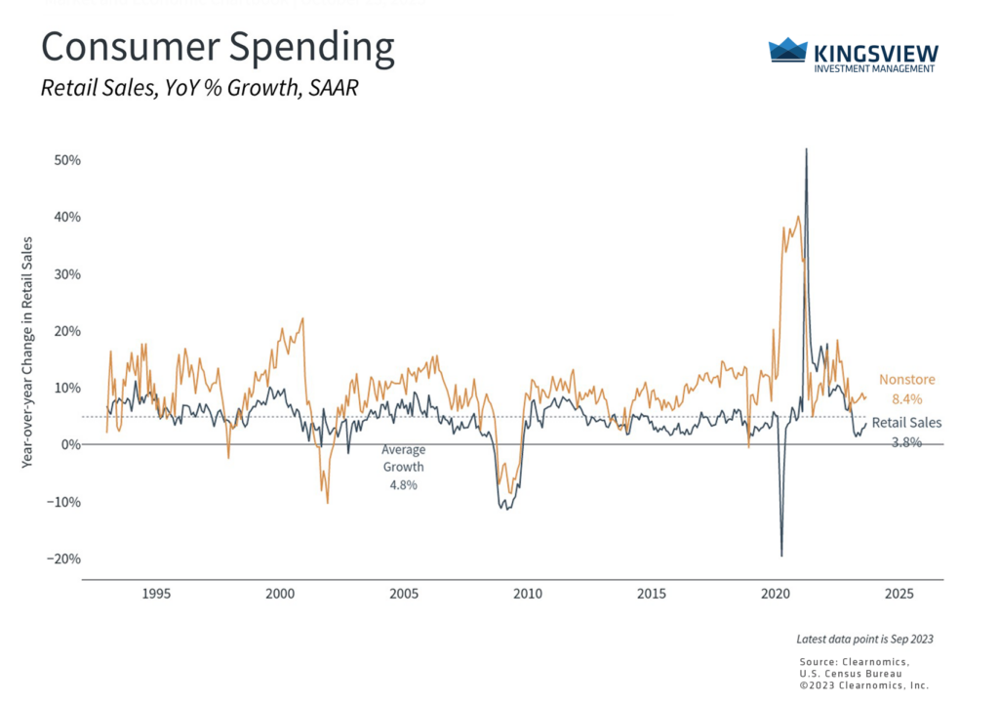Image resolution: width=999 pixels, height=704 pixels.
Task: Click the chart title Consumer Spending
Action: [x=218, y=47]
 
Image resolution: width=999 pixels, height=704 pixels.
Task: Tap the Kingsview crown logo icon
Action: [x=788, y=50]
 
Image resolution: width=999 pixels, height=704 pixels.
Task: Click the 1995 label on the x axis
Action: [x=156, y=594]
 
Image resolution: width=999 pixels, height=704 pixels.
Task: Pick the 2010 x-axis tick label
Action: [x=528, y=594]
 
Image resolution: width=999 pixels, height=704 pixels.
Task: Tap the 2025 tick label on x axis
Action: [x=899, y=594]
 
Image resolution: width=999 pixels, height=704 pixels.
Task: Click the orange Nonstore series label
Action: [x=907, y=379]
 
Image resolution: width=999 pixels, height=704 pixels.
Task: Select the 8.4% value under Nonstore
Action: [x=907, y=398]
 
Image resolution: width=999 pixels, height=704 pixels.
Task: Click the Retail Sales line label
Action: [x=907, y=423]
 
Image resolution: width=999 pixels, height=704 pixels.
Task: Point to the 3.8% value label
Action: [x=907, y=442]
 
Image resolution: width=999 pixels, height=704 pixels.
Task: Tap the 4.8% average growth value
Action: [x=403, y=485]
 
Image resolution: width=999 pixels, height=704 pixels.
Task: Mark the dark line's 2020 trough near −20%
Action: [x=781, y=555]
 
